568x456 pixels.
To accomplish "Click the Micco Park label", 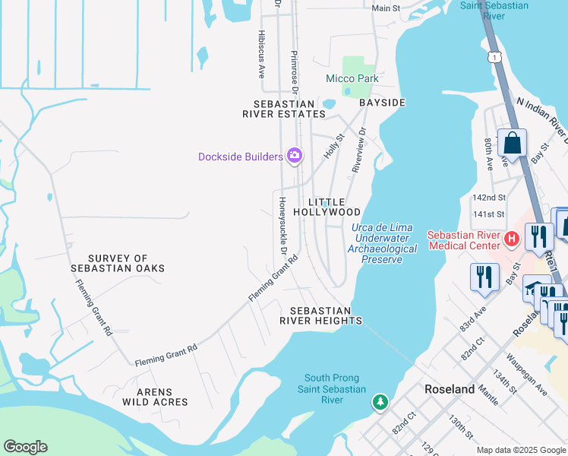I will [352, 79].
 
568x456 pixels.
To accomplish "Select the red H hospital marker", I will [512, 239].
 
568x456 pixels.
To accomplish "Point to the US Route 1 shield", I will [495, 58].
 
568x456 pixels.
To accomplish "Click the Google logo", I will [25, 447].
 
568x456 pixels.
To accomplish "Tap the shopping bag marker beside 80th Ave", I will [513, 144].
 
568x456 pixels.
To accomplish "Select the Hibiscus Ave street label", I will [261, 55].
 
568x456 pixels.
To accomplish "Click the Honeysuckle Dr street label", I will [282, 226].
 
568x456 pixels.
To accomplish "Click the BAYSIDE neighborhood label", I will [382, 103].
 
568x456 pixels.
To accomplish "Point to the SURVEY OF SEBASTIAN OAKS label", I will [117, 264].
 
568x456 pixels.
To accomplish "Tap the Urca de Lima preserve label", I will [383, 244].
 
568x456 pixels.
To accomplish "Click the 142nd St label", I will [488, 197].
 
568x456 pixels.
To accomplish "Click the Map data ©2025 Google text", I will [522, 450].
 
